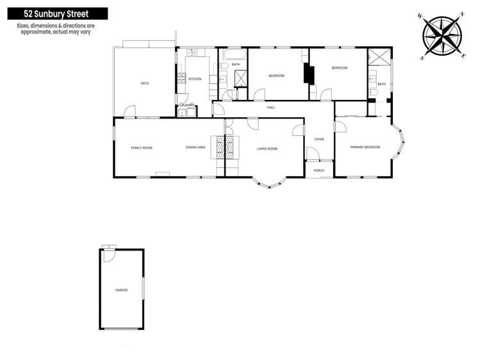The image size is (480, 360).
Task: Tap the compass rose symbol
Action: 442,36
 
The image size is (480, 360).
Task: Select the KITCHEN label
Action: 195,79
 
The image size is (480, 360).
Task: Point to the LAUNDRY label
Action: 186,105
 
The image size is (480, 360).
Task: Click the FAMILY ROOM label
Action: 142,148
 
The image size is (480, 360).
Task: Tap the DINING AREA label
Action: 195,148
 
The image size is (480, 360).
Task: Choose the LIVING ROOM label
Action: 267,149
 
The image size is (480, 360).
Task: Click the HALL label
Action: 271,107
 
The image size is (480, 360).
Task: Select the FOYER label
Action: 319,139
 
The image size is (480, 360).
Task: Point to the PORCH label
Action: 319,170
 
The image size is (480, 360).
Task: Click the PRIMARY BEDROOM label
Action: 365,147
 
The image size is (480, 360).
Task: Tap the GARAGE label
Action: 121,290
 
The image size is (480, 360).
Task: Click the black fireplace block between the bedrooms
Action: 310,75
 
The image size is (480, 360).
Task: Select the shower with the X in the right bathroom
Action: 379,60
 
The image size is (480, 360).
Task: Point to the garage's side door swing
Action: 108,254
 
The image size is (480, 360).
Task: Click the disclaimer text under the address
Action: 54,29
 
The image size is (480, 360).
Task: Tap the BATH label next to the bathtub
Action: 236,65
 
